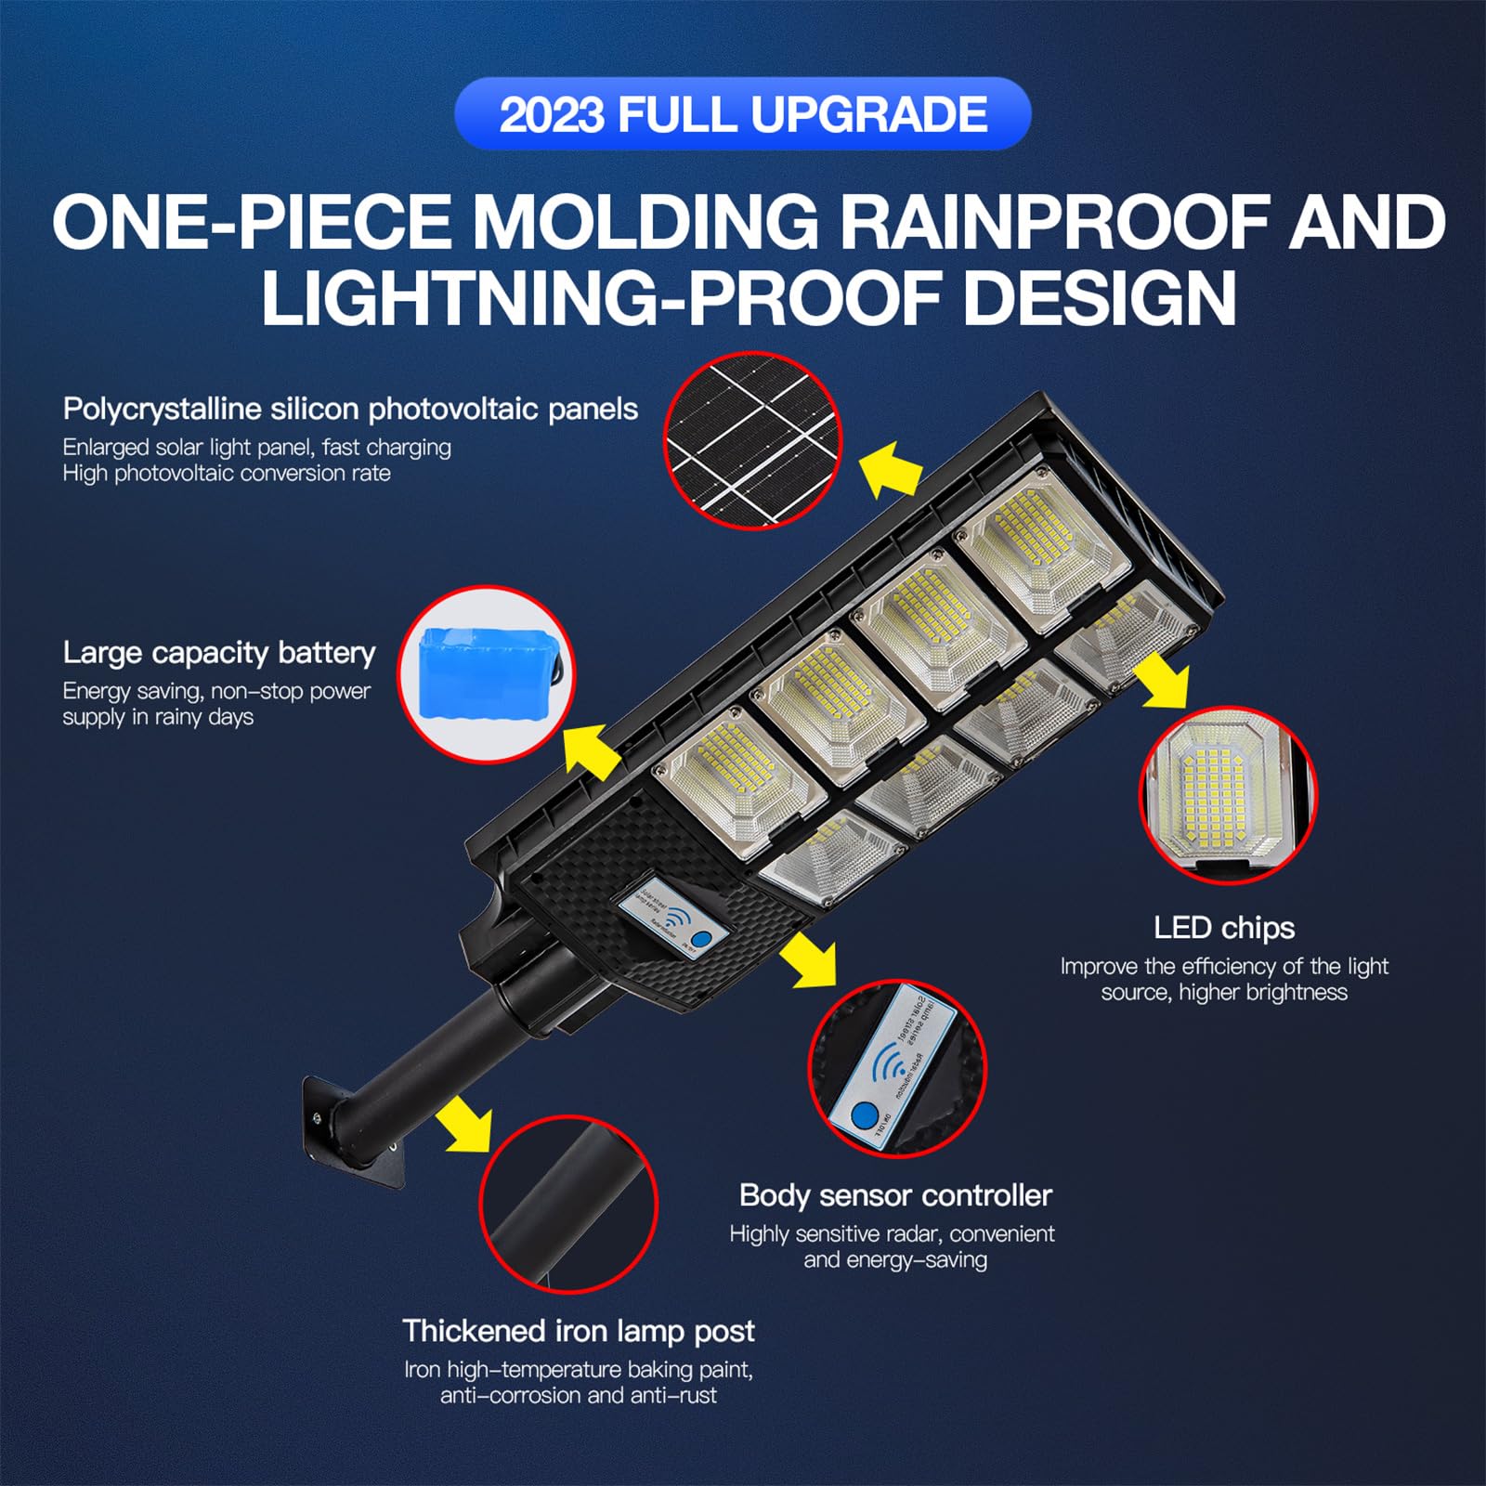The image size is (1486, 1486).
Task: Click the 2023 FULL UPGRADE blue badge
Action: click(x=743, y=114)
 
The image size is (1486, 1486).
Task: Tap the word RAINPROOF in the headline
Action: click(x=1044, y=222)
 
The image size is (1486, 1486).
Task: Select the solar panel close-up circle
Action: click(x=752, y=440)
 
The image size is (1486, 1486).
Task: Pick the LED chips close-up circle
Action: click(x=1227, y=795)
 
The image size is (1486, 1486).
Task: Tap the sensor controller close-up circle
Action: click(x=896, y=1068)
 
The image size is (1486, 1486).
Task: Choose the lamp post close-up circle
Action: click(x=568, y=1205)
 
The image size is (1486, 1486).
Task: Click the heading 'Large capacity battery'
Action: click(x=219, y=653)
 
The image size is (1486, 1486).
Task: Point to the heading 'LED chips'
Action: click(x=1223, y=928)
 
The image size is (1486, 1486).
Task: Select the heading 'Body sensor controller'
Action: click(x=895, y=1195)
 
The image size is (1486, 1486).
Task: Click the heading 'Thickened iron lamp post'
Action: click(x=578, y=1331)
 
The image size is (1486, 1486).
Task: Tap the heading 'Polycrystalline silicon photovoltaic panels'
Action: click(x=350, y=409)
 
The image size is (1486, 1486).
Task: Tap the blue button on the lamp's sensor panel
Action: click(x=703, y=939)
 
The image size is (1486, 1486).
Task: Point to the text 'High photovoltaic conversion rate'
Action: click(x=227, y=474)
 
